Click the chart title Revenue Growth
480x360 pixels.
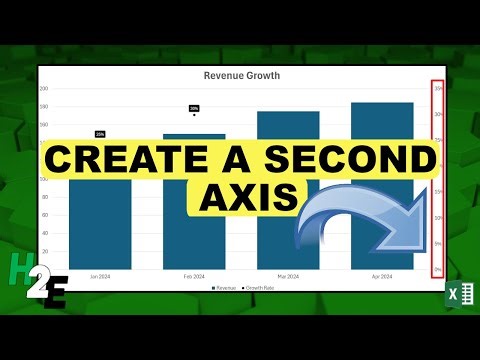[241, 75]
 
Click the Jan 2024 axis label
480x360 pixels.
[100, 276]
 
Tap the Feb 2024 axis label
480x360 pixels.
[194, 276]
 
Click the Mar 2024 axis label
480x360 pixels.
[288, 276]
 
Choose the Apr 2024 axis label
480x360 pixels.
[382, 276]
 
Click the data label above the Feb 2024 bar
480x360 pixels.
[194, 108]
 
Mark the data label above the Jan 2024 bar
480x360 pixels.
[100, 133]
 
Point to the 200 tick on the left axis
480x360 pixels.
[44, 89]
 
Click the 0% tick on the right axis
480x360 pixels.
[438, 270]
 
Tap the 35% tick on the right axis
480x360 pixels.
[438, 89]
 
